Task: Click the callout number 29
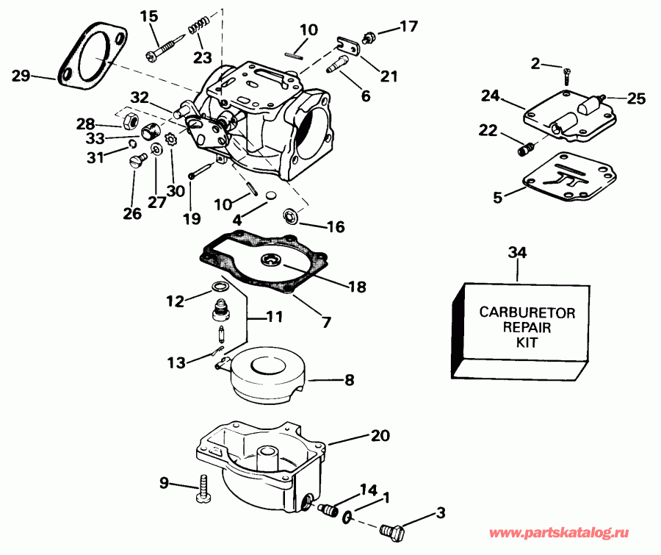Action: point(21,74)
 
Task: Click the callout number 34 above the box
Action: point(517,254)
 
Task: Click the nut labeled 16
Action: point(291,215)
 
